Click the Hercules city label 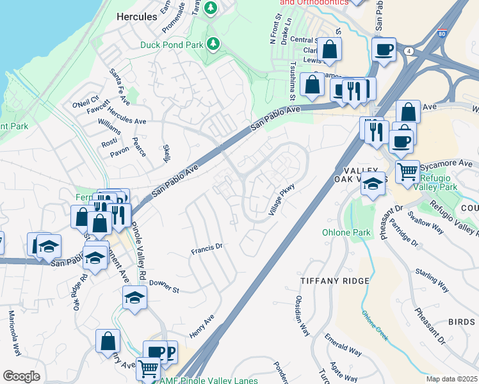[136, 17]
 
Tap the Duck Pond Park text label [171, 45]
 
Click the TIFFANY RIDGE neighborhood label [335, 281]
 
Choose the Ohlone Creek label [375, 325]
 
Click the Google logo [21, 376]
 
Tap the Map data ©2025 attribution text [452, 379]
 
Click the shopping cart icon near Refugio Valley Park [407, 172]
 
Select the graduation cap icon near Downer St [134, 297]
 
